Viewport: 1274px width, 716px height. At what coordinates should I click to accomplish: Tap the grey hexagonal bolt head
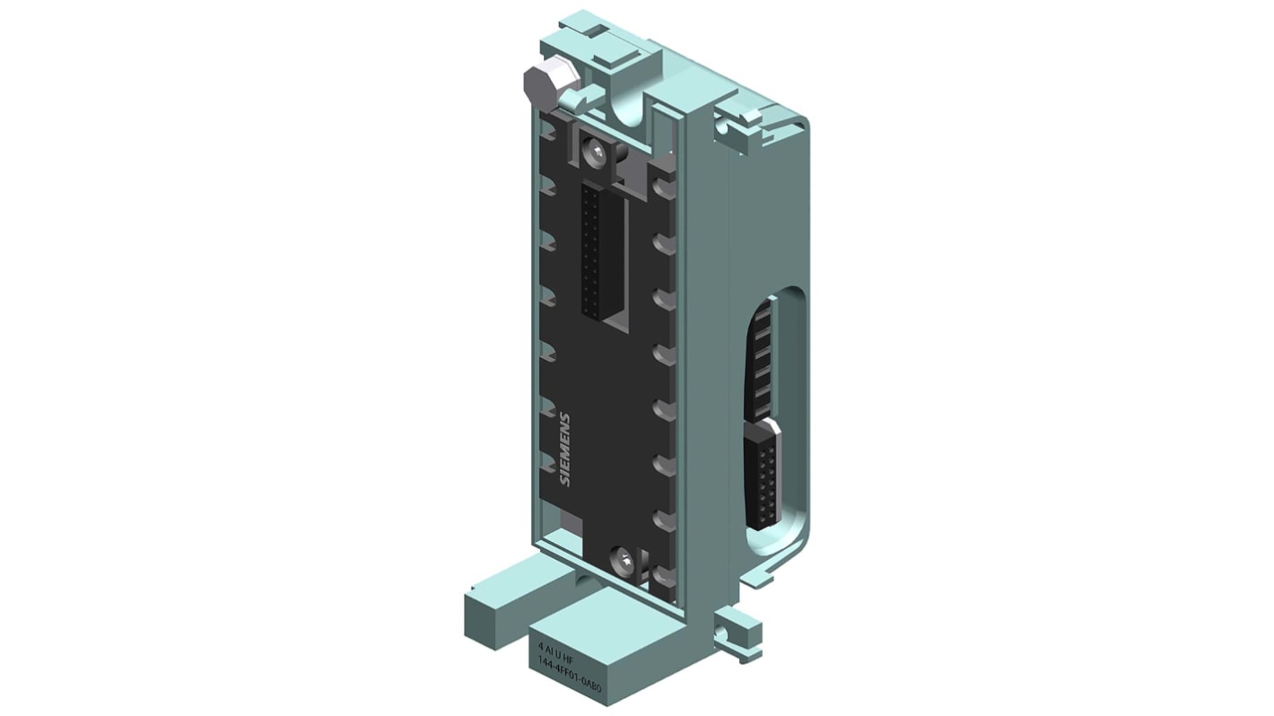coord(537,84)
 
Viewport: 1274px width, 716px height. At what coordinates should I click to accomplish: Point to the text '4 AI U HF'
coord(555,646)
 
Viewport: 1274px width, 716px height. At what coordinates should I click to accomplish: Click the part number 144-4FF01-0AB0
coord(569,660)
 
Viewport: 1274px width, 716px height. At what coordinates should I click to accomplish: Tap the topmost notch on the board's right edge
coord(664,188)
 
